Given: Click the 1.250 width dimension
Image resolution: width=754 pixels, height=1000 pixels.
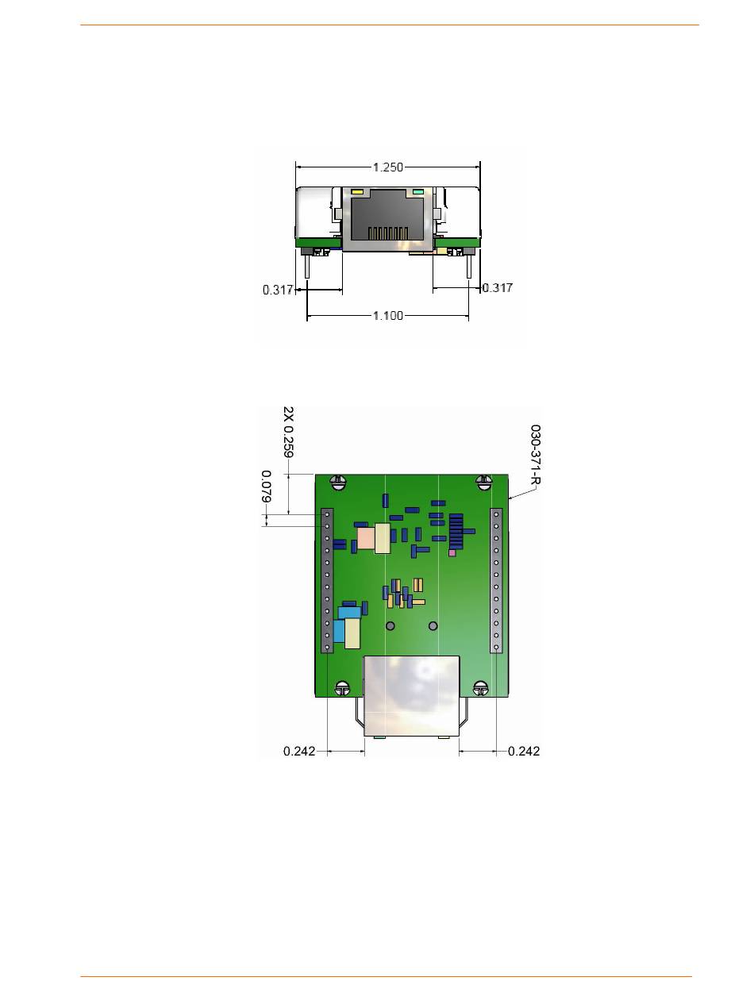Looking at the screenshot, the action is [x=387, y=167].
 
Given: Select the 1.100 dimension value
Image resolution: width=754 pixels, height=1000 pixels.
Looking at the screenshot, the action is [x=387, y=315].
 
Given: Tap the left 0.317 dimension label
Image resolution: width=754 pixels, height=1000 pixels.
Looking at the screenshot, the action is [x=278, y=290].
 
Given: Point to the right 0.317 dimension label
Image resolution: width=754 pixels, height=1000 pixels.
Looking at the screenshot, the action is [x=497, y=288].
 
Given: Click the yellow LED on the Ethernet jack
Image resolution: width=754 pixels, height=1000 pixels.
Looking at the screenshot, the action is [x=357, y=192].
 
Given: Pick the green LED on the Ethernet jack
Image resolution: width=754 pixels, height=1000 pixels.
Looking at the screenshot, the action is [x=417, y=192].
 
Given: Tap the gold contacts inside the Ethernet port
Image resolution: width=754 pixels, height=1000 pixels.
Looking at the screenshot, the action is [x=387, y=233].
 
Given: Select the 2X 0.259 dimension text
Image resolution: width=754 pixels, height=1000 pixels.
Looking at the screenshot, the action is [x=288, y=432].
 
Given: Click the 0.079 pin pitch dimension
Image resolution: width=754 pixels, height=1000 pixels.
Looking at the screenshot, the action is [x=266, y=486].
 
